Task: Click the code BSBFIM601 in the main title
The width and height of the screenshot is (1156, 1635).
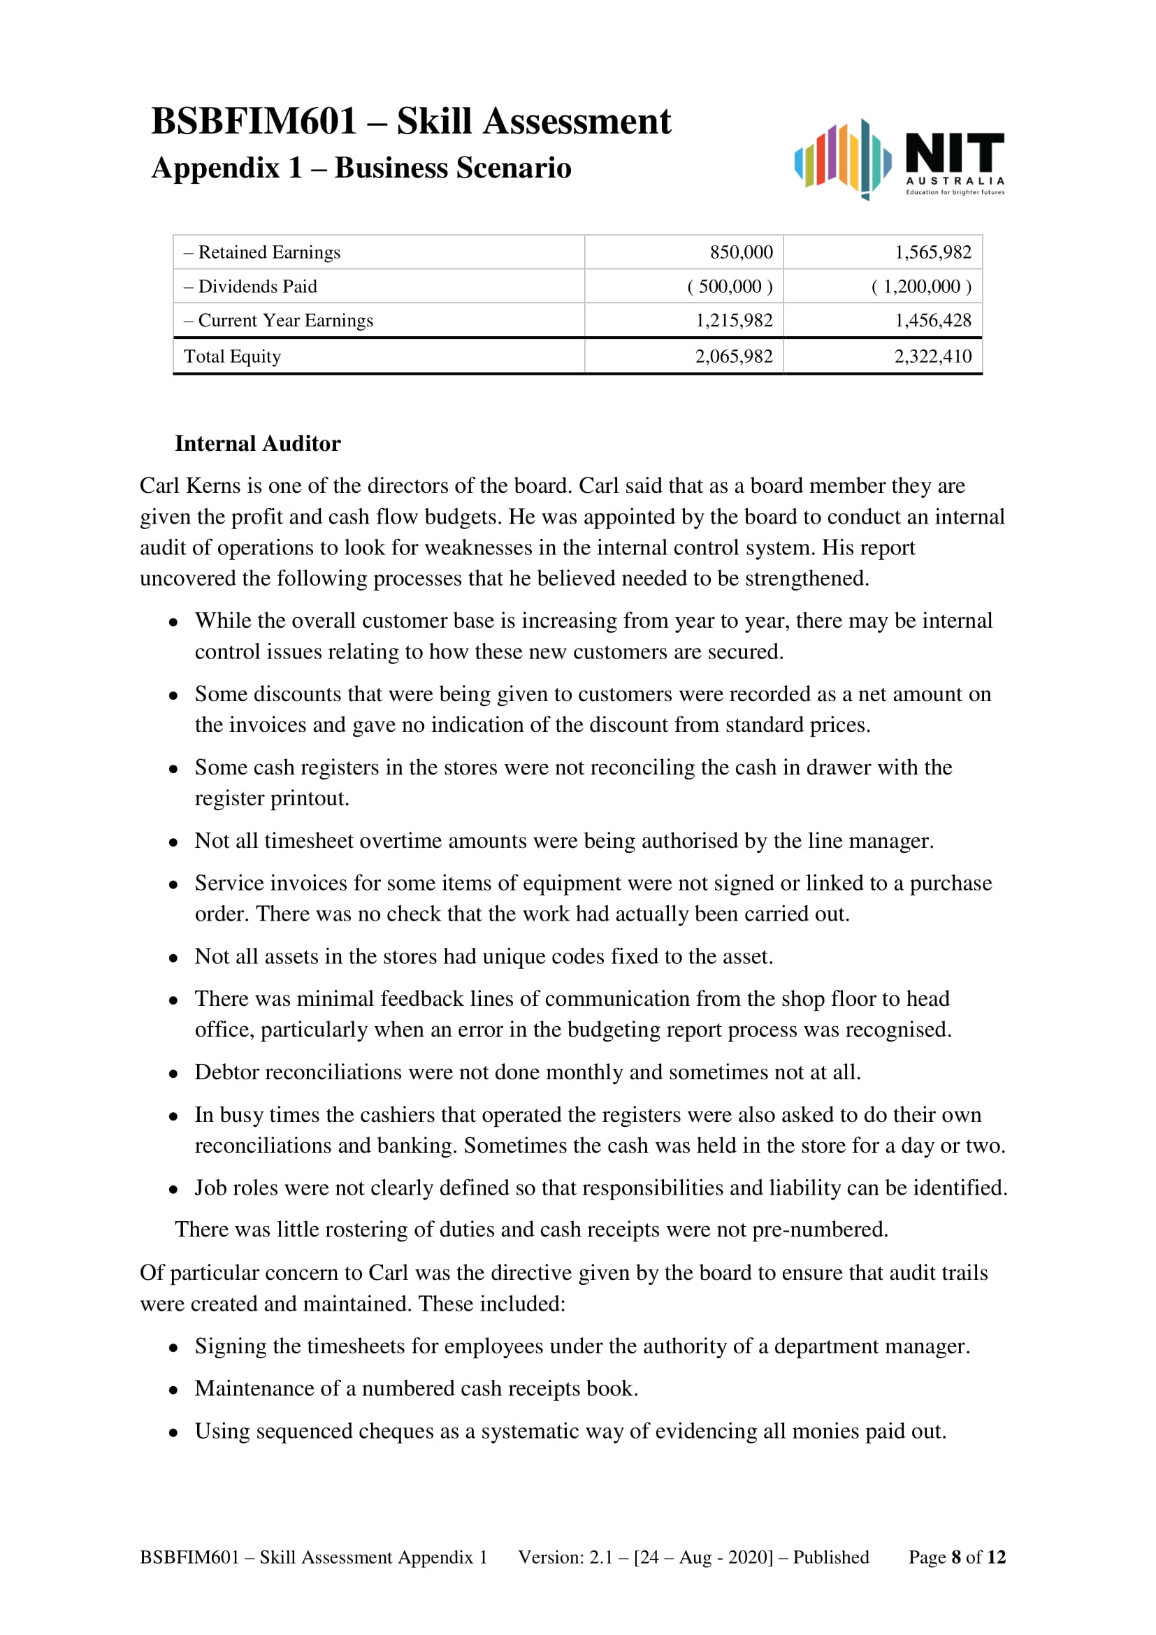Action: pyautogui.click(x=254, y=121)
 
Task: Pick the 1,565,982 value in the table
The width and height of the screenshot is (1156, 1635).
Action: pyautogui.click(x=932, y=252)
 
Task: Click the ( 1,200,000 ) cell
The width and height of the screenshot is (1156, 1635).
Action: pyautogui.click(x=921, y=287)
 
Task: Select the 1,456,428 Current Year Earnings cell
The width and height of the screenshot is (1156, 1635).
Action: pyautogui.click(x=932, y=320)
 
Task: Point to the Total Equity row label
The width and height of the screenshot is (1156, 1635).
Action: pyautogui.click(x=232, y=356)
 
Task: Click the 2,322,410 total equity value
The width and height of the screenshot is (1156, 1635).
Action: pyautogui.click(x=932, y=356)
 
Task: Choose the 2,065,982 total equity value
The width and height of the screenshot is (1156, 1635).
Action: pyautogui.click(x=734, y=356)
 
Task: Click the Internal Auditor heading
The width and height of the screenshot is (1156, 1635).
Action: pyautogui.click(x=258, y=444)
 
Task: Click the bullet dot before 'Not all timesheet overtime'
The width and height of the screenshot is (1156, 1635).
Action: pyautogui.click(x=173, y=842)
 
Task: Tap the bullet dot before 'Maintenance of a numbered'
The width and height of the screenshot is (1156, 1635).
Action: pyautogui.click(x=173, y=1390)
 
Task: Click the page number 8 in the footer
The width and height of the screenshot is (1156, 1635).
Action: pyautogui.click(x=956, y=1557)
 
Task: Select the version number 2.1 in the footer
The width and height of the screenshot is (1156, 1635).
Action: pyautogui.click(x=600, y=1557)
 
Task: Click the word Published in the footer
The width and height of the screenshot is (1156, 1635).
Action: pyautogui.click(x=831, y=1557)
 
